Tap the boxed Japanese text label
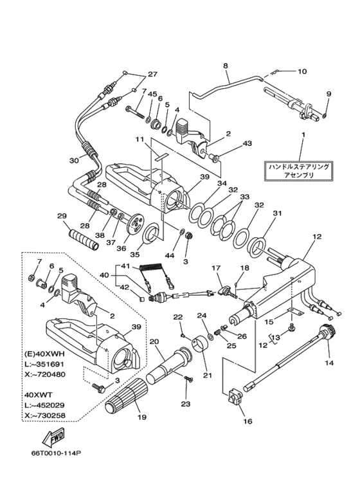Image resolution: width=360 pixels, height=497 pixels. pyautogui.click(x=301, y=170)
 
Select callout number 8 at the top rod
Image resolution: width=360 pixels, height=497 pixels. pyautogui.click(x=226, y=66)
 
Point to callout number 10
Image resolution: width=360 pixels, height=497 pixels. pyautogui.click(x=302, y=71)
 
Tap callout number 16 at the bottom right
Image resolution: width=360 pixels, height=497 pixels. pyautogui.click(x=248, y=422)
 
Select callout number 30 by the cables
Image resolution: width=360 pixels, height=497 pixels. pyautogui.click(x=74, y=161)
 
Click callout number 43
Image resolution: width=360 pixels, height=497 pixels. pyautogui.click(x=230, y=144)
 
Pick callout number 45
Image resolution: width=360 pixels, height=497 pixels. pyautogui.click(x=153, y=94)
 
